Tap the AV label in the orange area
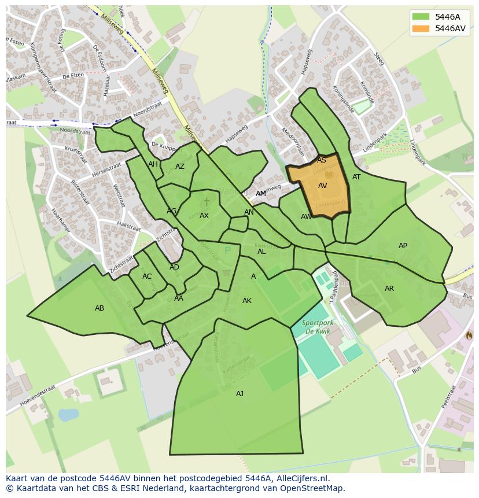click(x=323, y=186)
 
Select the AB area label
click(x=100, y=308)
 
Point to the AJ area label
click(x=239, y=394)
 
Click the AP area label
click(x=403, y=246)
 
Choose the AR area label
click(x=389, y=289)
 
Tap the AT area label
click(x=356, y=177)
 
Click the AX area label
click(x=204, y=216)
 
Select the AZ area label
click(x=179, y=167)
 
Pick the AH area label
click(x=153, y=164)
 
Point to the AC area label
click(x=147, y=276)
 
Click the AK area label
click(x=247, y=301)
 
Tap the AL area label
click(x=261, y=252)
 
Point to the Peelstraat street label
click(x=449, y=397)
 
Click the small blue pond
click(x=68, y=415)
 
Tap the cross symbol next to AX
click(x=207, y=202)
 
